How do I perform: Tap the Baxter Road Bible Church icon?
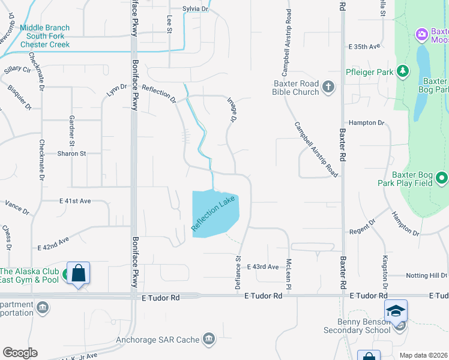coord(328,87)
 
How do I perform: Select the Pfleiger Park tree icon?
coord(403,73)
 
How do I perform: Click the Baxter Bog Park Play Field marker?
coord(442,178)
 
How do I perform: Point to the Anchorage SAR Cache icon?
coord(208,340)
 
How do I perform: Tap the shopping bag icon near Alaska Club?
coord(79,273)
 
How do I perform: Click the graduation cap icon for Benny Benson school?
coord(396,311)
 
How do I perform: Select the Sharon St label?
coord(71,154)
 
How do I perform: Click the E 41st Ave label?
coord(75,200)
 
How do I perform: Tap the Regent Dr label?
coord(363,231)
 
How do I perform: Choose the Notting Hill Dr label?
coord(426,275)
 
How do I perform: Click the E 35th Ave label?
coord(364,46)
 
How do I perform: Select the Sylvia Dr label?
coord(195,9)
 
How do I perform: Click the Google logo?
coord(20,353)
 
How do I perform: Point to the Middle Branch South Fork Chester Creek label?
coord(45,36)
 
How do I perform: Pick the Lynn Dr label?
coord(116,90)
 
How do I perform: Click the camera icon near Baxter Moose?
coord(422,34)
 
